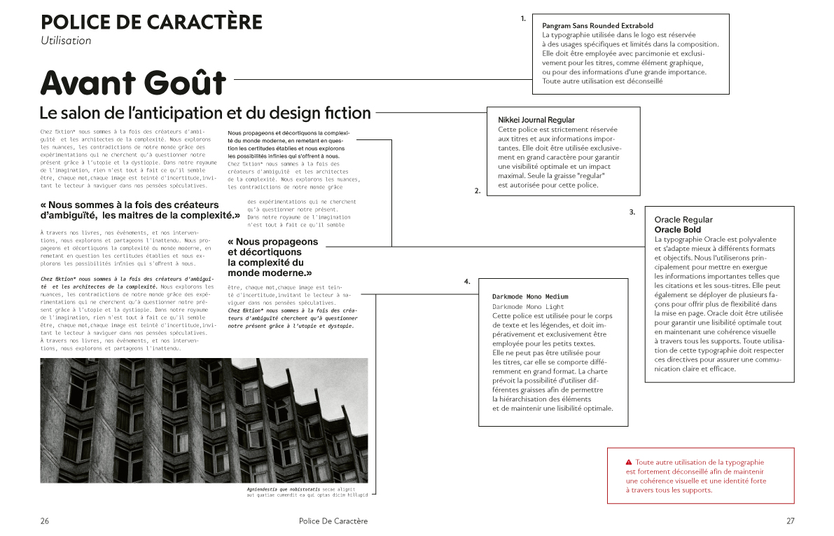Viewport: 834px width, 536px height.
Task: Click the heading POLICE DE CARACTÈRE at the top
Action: (151, 22)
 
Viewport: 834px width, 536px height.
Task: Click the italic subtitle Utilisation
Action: (66, 41)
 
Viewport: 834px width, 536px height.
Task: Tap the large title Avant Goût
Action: (133, 82)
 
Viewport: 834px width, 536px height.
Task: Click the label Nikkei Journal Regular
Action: (536, 120)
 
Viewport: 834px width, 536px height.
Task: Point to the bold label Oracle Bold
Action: (677, 229)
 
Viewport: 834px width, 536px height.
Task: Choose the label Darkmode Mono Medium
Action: (530, 297)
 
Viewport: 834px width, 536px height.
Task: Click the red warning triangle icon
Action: (628, 462)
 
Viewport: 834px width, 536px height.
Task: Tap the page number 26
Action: (45, 521)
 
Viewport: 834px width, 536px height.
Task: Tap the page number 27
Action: (790, 521)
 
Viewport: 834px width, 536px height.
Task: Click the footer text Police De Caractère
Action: (333, 521)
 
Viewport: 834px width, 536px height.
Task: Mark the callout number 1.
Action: (523, 19)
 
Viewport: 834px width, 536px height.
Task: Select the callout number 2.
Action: (477, 191)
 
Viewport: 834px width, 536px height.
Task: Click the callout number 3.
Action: (632, 212)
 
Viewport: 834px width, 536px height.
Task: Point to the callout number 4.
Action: (466, 282)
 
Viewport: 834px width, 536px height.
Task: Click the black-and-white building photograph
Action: (204, 420)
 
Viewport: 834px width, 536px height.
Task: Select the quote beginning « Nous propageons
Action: (272, 257)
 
